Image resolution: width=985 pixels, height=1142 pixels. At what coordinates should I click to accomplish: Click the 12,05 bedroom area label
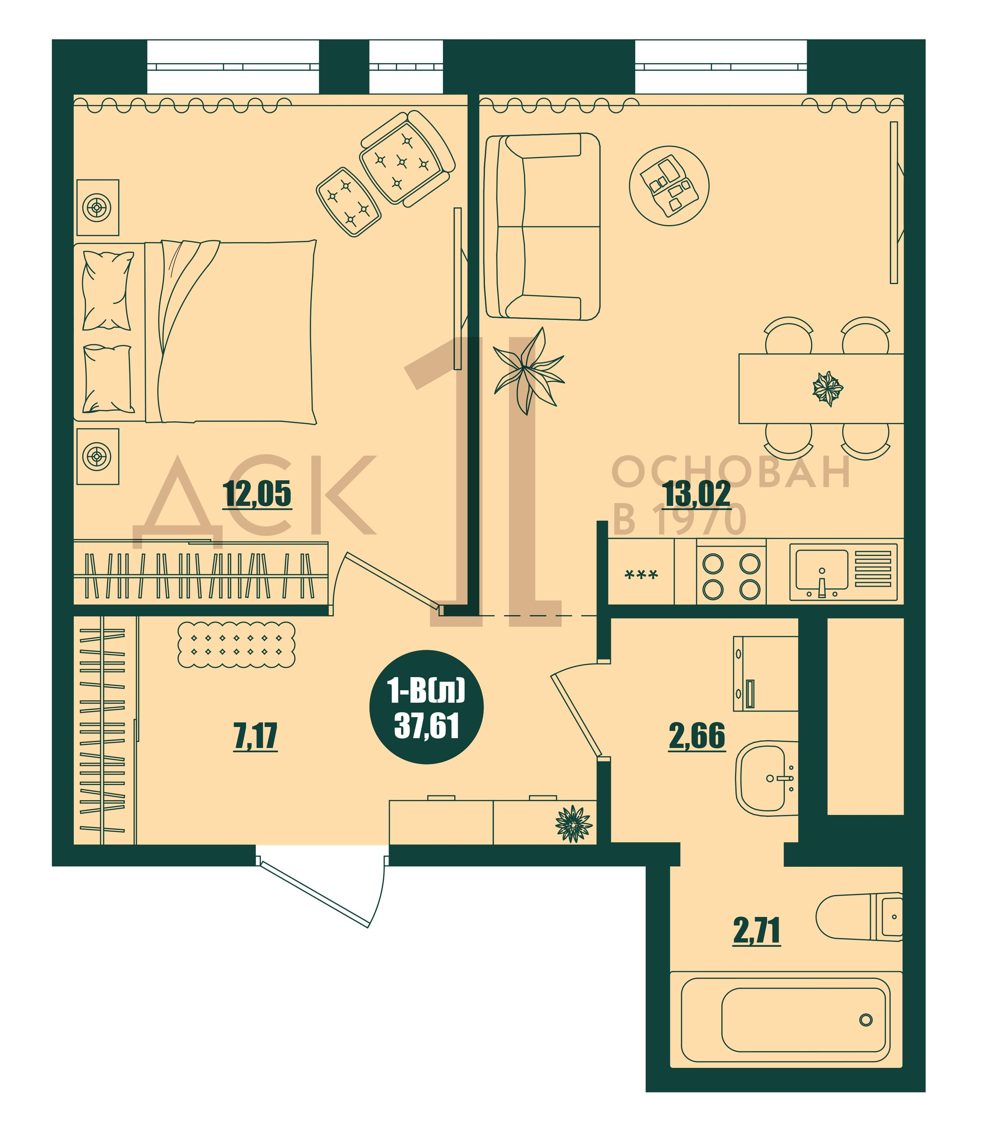coord(257,493)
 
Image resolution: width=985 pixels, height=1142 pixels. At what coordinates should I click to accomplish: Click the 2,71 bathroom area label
coord(756,931)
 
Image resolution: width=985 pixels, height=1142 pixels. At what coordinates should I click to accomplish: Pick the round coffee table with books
coord(669,186)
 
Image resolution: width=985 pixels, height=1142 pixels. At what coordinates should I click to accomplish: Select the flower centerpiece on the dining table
coord(828,388)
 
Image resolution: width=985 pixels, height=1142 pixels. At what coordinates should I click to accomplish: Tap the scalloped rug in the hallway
coord(236,644)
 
